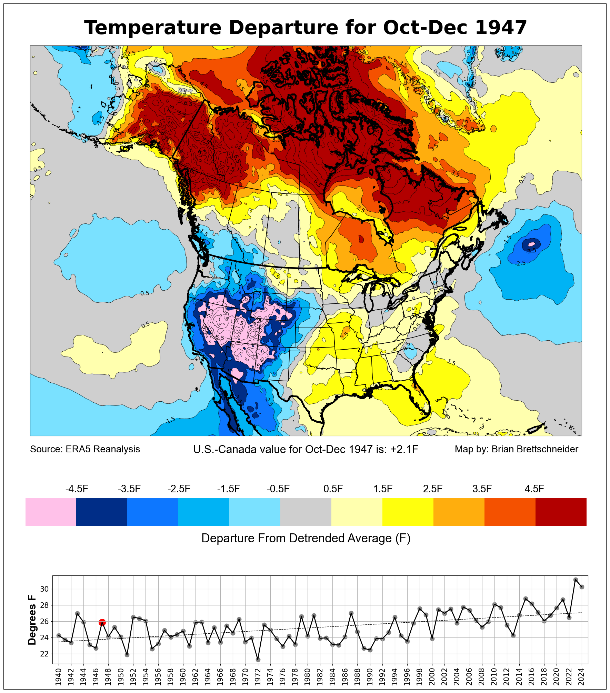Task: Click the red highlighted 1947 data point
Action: (102, 622)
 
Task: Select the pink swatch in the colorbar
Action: (51, 512)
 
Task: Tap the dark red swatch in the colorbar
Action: (561, 512)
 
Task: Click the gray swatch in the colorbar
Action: (306, 512)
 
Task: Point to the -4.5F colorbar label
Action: (77, 489)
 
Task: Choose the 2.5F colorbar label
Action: (433, 489)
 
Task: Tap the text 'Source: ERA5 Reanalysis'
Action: (85, 449)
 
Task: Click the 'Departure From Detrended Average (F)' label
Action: (306, 538)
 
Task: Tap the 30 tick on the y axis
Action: (44, 589)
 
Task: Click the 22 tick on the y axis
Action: (44, 654)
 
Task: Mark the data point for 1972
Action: (258, 660)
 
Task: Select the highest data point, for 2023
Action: (576, 580)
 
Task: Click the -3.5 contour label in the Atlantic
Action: (531, 251)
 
